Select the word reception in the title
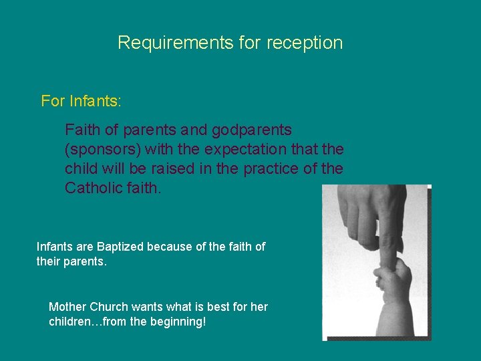tap(304, 43)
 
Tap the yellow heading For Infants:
tap(81, 101)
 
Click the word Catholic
tap(93, 188)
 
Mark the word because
tap(169, 247)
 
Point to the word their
tap(48, 261)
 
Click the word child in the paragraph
tap(80, 168)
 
